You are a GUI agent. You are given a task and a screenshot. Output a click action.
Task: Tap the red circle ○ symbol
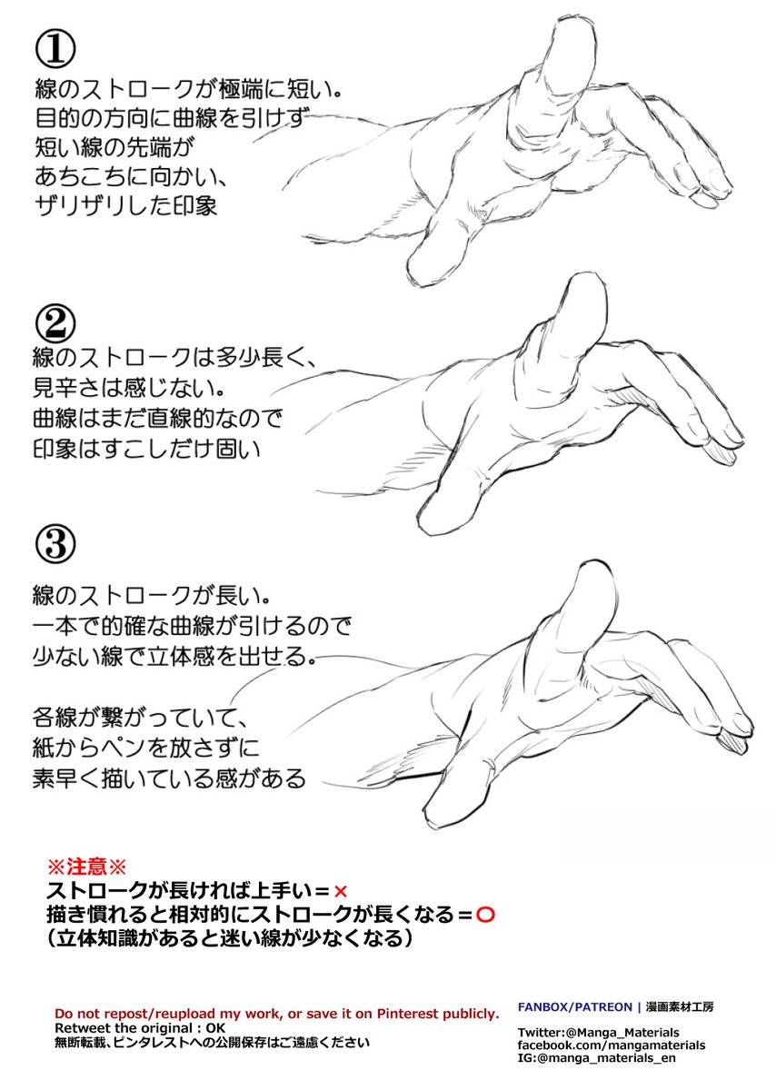click(484, 914)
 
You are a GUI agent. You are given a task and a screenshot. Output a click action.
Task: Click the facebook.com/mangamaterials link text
click(611, 1045)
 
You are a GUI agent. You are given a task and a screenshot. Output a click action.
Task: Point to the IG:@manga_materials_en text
click(596, 1058)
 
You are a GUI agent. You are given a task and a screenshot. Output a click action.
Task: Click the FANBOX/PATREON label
click(574, 1006)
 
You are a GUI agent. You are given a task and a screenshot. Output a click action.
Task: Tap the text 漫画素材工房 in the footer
click(681, 1006)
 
